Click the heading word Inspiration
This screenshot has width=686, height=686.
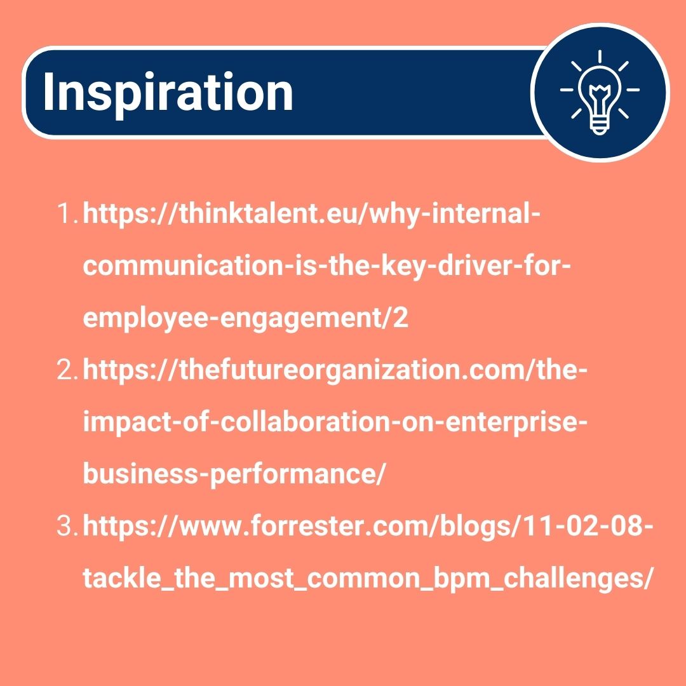[x=168, y=93]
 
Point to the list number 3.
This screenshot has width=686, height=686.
[x=66, y=527]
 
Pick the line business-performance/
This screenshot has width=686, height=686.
[x=234, y=474]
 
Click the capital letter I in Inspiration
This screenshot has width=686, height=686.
[x=48, y=93]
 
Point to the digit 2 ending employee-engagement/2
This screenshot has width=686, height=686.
[x=401, y=319]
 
